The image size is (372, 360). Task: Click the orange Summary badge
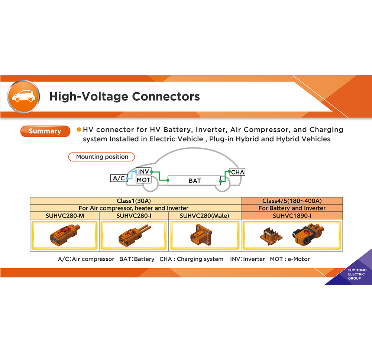(x=45, y=131)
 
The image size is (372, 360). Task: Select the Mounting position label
(x=102, y=157)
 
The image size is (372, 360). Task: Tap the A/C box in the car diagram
(x=119, y=178)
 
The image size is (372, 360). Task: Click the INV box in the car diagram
(x=143, y=171)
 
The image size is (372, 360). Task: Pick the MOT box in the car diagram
(x=143, y=180)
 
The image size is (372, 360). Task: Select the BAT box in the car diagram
(x=194, y=181)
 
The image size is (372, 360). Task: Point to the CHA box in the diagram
(x=237, y=172)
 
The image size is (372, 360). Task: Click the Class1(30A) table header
(x=135, y=201)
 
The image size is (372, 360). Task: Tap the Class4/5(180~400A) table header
(x=292, y=201)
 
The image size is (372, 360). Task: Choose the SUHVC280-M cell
(x=64, y=216)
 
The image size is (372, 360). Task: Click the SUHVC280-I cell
(x=133, y=216)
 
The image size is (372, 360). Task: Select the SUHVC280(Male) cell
(x=204, y=216)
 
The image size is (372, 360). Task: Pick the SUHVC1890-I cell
(x=292, y=216)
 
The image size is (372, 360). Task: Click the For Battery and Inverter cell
(x=292, y=208)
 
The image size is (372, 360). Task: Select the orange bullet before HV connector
(x=79, y=130)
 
